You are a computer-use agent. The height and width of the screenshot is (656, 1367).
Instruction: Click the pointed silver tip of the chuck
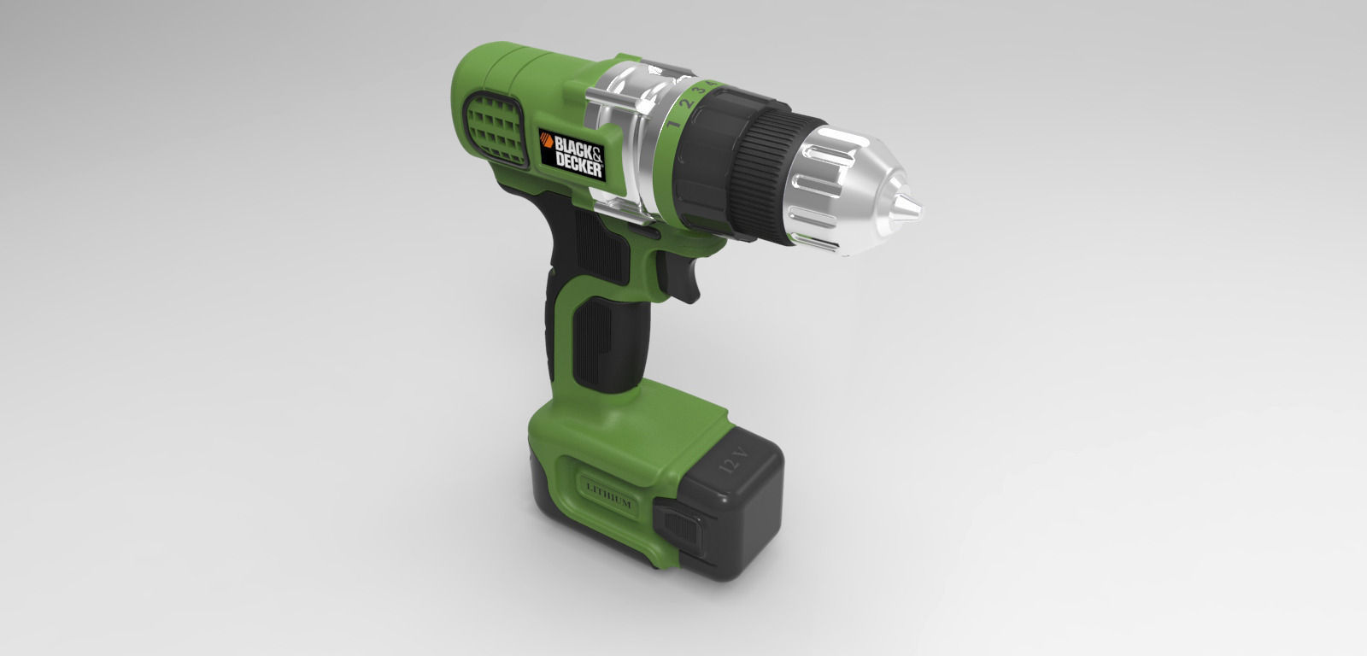(916, 208)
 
